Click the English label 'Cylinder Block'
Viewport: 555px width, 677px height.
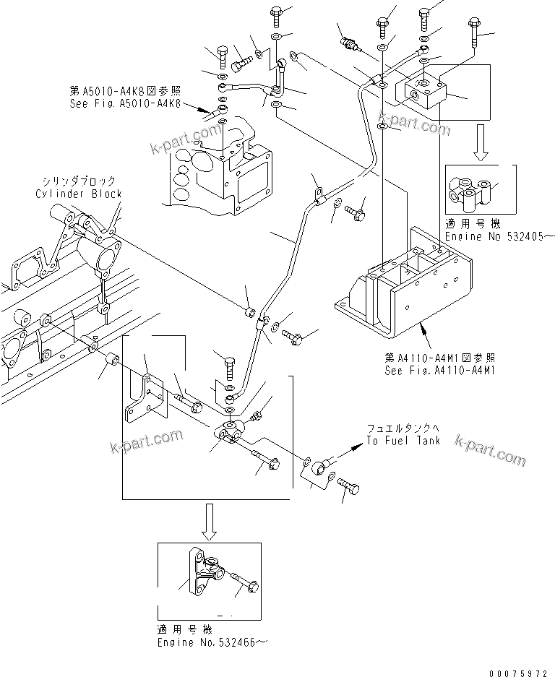[79, 194]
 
